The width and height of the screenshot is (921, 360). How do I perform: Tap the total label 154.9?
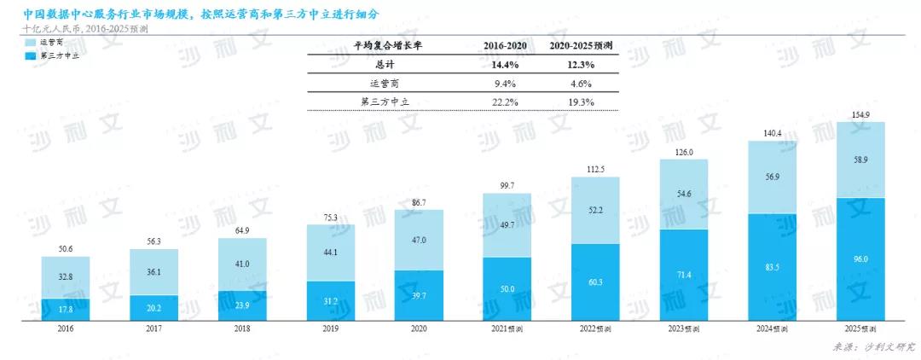tap(860, 113)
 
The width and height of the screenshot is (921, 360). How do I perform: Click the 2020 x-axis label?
tap(419, 328)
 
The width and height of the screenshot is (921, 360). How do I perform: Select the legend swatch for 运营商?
tap(31, 41)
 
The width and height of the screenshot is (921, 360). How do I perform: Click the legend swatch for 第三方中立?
tap(31, 55)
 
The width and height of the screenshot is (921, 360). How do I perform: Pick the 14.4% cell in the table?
tap(506, 65)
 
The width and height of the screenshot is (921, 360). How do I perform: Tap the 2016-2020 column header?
tap(506, 45)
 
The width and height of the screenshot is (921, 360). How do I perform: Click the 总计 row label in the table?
tap(387, 65)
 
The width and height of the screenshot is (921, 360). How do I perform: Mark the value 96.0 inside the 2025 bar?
tap(860, 258)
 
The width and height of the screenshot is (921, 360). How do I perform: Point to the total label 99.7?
tap(507, 185)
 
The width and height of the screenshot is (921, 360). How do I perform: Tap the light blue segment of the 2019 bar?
tap(331, 253)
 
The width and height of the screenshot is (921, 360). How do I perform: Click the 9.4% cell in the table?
tap(506, 84)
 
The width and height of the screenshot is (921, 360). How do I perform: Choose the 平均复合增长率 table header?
tap(387, 45)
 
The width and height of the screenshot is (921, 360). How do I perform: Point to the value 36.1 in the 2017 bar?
tap(154, 272)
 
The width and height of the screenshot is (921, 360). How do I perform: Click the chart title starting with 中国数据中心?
tap(201, 15)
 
